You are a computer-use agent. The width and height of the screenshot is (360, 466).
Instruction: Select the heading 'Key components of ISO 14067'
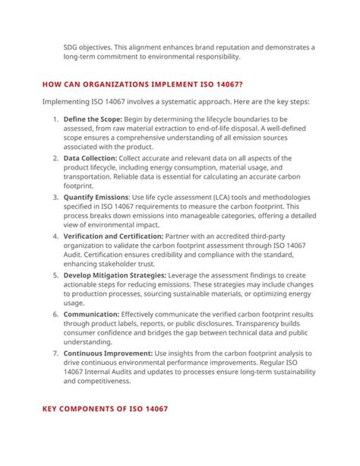coord(105,409)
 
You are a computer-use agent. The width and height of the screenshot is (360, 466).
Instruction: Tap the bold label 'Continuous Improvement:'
coord(107,353)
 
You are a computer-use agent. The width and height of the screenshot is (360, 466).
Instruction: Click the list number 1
coord(55,120)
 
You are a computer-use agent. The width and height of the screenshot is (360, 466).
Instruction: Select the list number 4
coord(55,236)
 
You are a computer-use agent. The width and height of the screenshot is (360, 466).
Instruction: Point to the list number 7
coord(55,353)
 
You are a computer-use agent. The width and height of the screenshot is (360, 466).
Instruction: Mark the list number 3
coord(55,196)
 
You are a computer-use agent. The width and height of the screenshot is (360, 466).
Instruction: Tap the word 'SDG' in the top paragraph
coord(72,46)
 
